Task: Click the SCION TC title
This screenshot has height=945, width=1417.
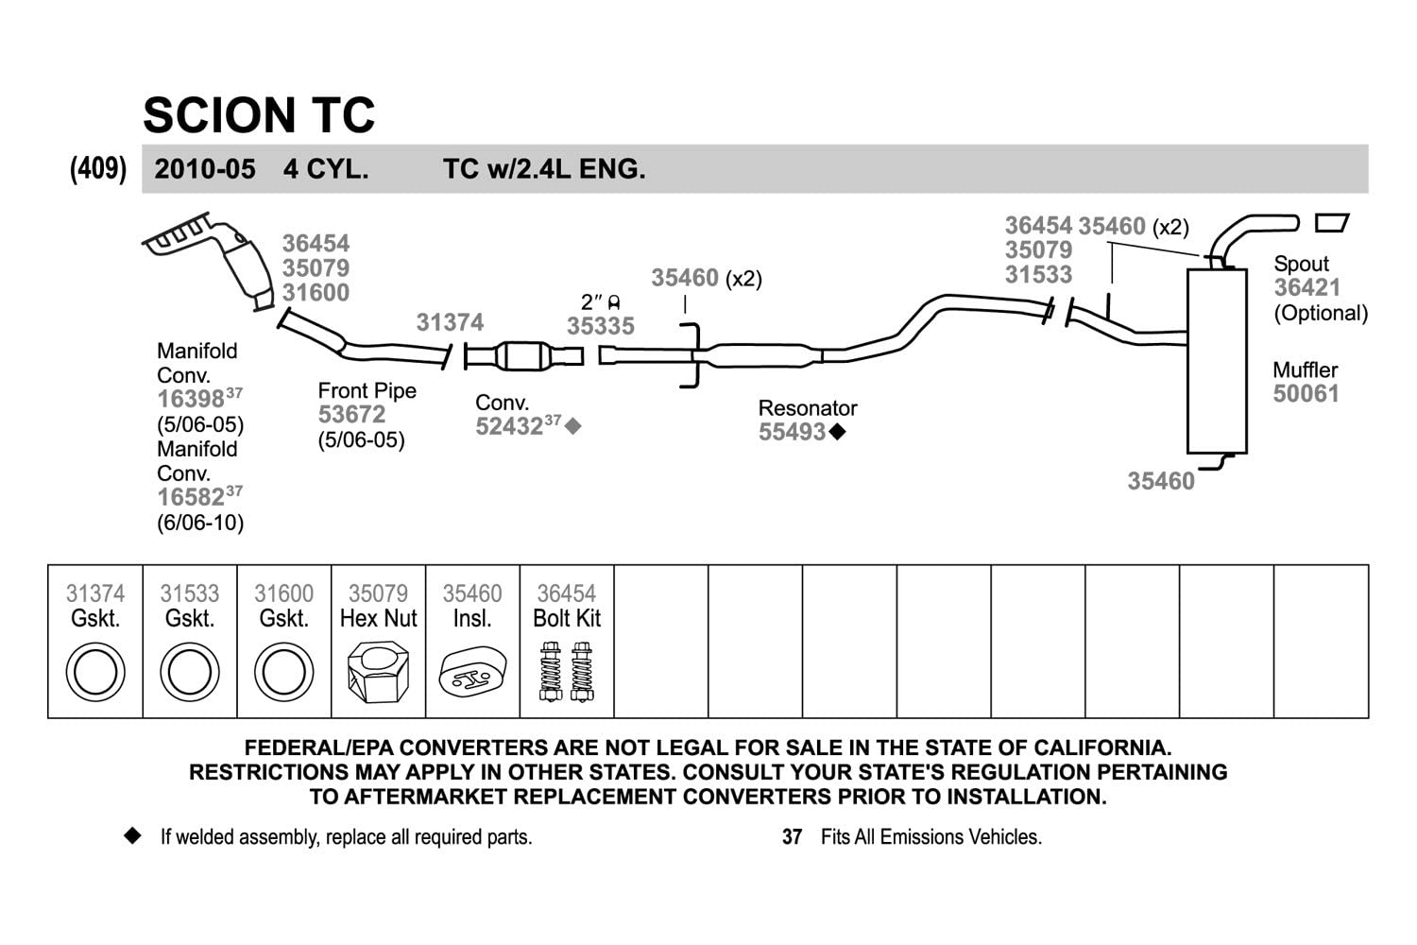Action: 259,115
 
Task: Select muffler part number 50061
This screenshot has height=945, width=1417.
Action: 1306,394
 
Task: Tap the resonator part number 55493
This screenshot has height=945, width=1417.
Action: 793,432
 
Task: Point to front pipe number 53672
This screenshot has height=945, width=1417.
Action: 351,415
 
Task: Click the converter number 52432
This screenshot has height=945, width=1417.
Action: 508,426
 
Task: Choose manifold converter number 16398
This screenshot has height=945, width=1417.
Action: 191,399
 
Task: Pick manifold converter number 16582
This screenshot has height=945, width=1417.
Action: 191,497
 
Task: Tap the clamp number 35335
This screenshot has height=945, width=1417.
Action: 601,326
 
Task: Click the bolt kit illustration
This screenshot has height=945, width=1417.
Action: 567,671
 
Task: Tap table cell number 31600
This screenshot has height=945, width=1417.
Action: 283,593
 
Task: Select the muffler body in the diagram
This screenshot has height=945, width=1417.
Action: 1217,361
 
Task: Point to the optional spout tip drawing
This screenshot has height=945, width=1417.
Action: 1332,223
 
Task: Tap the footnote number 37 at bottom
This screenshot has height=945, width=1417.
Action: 792,837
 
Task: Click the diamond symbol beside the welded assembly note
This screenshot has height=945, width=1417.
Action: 132,836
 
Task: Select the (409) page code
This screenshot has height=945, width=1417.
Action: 97,169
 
